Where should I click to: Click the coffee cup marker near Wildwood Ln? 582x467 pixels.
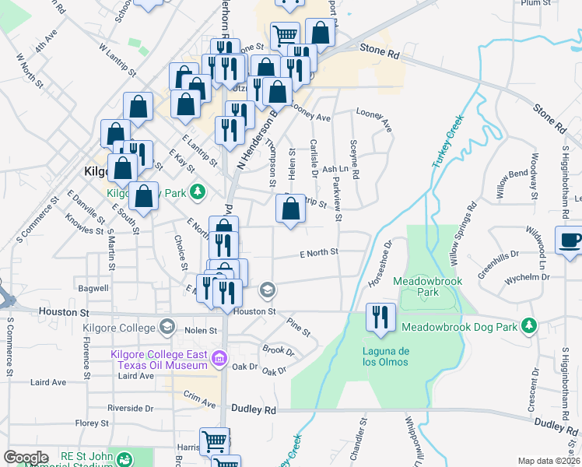coord(571,239)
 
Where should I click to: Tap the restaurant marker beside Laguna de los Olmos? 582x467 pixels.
coord(381,316)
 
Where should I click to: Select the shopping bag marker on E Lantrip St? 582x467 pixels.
coord(290,208)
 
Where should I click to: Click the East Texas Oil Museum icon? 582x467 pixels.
coord(219,358)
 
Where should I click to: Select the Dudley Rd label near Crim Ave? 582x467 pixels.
coord(254,409)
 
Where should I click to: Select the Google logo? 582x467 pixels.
coord(26,458)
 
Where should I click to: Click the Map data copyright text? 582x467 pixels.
coord(549,461)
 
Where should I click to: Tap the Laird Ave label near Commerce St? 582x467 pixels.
coord(47,382)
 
